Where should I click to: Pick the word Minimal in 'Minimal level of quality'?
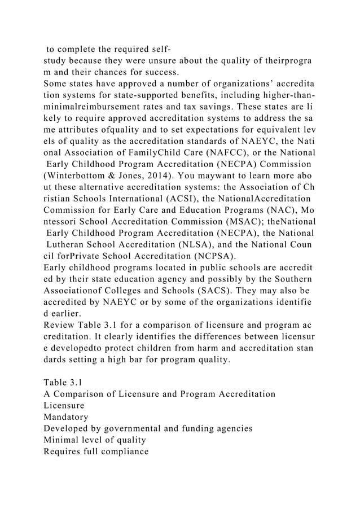tap(63, 440)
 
